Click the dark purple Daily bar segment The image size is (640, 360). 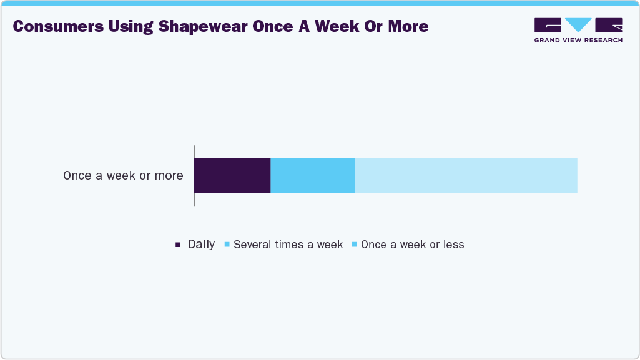232,175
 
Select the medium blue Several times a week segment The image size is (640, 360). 312,175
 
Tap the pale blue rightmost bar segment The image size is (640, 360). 466,175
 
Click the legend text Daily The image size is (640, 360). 201,245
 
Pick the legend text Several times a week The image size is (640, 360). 288,245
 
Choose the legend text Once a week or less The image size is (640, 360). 412,245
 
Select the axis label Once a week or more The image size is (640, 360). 123,176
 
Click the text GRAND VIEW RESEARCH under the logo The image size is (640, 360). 578,40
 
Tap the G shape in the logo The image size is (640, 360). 548,25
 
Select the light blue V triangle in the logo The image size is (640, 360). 578,24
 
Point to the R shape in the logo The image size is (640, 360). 609,25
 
